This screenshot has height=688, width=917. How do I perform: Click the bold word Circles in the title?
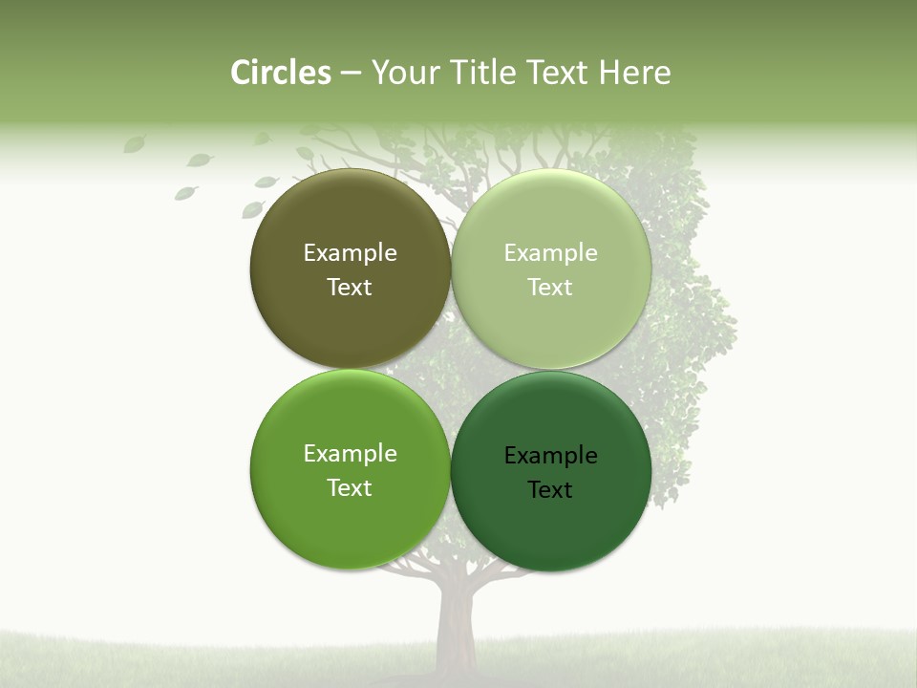point(281,73)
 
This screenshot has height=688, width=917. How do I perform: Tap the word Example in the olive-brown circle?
point(350,253)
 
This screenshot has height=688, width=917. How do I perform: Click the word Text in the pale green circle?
point(550,288)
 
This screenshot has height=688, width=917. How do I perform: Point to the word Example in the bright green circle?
point(350,454)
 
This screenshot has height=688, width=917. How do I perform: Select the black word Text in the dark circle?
point(550,490)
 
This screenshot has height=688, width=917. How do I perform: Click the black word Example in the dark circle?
point(551,456)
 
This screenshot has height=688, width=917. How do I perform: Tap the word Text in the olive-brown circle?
point(350,288)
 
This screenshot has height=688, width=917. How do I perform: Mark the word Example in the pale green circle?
point(551,253)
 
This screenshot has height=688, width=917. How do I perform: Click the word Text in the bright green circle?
point(350,488)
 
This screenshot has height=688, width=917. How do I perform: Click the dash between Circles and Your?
point(351,74)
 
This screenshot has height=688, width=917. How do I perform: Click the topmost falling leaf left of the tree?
point(135,144)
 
